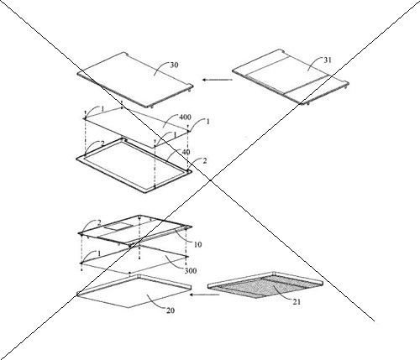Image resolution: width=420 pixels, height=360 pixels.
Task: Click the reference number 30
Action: (174, 65)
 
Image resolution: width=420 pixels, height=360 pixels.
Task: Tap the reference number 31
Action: (328, 60)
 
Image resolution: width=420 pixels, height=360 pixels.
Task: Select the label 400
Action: (185, 117)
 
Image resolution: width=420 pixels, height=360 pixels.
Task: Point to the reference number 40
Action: (186, 152)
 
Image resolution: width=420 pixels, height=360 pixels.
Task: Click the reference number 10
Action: (197, 244)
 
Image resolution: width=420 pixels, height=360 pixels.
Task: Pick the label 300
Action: (191, 270)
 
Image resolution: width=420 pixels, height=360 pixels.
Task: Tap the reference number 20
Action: (171, 310)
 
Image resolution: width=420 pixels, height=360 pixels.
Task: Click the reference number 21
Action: (297, 302)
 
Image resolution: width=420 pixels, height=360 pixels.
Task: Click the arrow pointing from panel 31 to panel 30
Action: (218, 80)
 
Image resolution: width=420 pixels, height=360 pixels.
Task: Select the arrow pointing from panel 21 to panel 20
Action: (204, 295)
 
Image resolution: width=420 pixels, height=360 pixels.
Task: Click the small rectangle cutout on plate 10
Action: (116, 227)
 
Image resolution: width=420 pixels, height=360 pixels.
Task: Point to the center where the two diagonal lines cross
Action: (210, 180)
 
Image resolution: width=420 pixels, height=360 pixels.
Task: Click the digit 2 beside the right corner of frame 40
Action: (205, 161)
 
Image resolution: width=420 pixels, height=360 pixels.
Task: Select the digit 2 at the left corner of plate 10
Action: (99, 223)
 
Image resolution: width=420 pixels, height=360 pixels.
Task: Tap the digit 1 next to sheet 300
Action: (99, 253)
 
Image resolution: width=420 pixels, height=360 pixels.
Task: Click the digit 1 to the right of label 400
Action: (207, 122)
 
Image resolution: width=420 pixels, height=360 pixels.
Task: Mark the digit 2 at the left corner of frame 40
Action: (102, 143)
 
